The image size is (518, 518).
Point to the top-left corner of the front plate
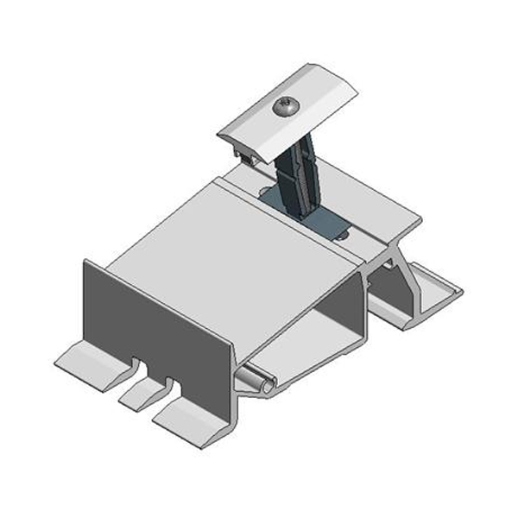(x=86, y=262)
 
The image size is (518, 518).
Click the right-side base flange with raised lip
(x=432, y=298)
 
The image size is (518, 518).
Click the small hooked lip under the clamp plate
(x=248, y=156)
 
